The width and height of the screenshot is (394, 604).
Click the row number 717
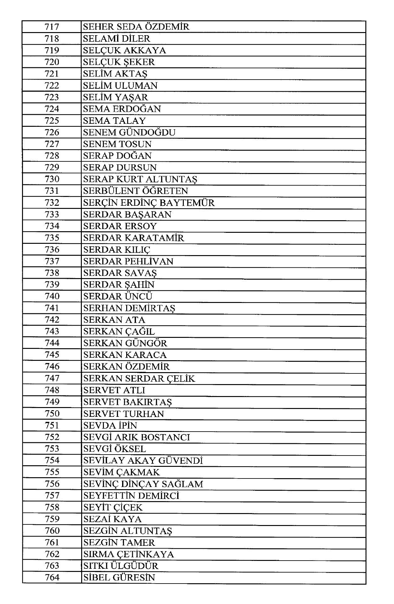(x=52, y=27)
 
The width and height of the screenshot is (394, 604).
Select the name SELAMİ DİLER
(x=116, y=39)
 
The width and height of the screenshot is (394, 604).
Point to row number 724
(x=52, y=109)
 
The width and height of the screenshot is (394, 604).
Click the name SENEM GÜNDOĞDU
(x=129, y=132)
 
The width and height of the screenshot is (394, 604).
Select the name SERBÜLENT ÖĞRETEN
(x=135, y=191)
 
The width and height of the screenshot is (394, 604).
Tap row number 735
(x=52, y=238)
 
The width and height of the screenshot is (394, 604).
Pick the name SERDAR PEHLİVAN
(x=128, y=261)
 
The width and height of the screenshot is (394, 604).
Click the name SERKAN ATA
(x=114, y=320)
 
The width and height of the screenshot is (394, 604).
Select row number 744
(x=52, y=343)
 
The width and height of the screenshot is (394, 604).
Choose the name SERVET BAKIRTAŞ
(x=127, y=402)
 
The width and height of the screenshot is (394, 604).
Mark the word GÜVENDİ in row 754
(x=180, y=461)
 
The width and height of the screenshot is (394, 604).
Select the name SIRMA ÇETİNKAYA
(x=128, y=554)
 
